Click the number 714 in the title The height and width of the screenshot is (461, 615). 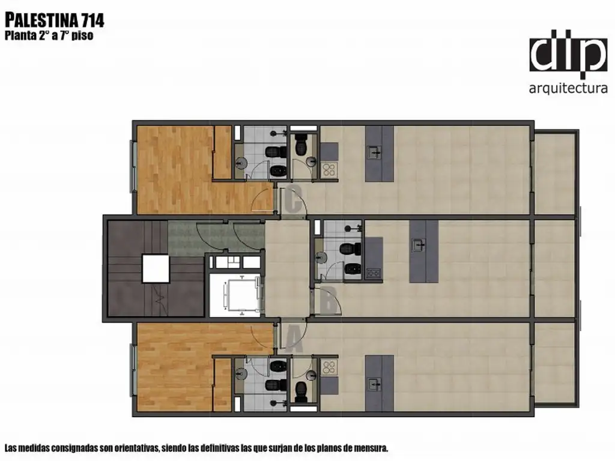tap(92, 20)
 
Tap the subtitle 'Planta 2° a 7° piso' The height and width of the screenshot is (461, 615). tap(49, 35)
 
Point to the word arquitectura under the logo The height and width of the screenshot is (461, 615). tap(568, 88)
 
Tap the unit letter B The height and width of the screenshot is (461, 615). tap(328, 301)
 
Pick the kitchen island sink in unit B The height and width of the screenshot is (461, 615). tap(419, 246)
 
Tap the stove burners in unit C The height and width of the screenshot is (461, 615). tap(329, 170)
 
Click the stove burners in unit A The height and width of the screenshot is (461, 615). tap(329, 367)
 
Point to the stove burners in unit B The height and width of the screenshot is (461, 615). tap(374, 273)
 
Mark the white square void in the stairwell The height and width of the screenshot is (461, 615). tap(156, 268)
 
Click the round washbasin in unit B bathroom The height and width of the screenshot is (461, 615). tap(321, 258)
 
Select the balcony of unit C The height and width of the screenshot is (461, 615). tap(554, 173)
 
